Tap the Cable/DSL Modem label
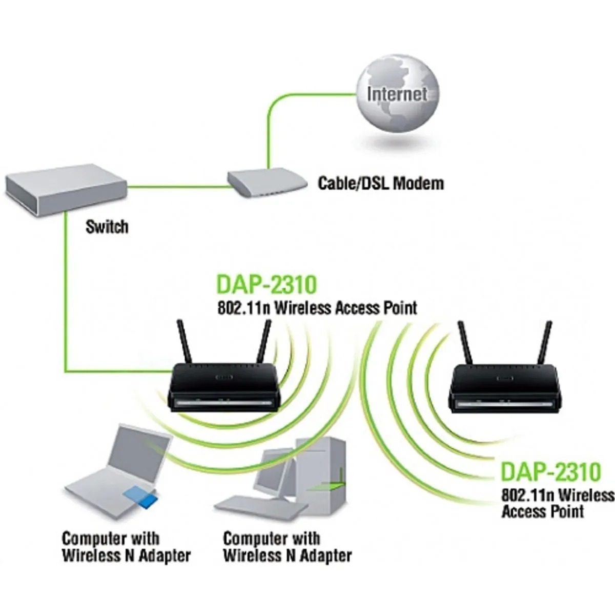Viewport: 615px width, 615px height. click(x=381, y=183)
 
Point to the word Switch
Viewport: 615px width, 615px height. click(x=107, y=226)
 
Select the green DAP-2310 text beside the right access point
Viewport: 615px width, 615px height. click(x=550, y=471)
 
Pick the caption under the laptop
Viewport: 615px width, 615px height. click(x=126, y=547)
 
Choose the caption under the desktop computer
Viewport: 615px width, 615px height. click(x=288, y=547)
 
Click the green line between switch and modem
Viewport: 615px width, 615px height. click(x=177, y=186)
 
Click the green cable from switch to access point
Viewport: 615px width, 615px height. click(x=66, y=307)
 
